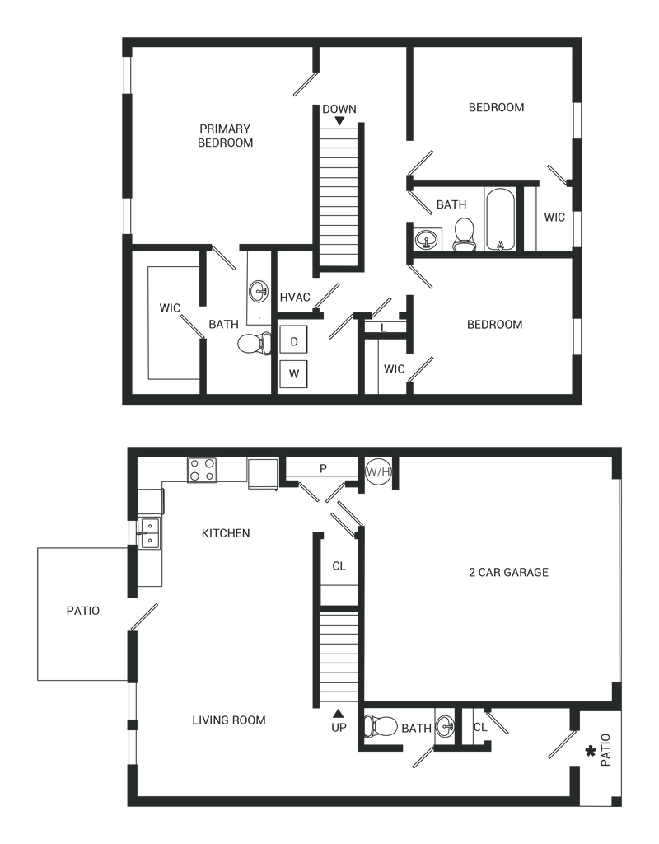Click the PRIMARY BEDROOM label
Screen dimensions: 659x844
click(x=225, y=135)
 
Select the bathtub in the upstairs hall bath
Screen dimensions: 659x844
click(x=499, y=220)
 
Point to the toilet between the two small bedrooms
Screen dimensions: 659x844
click(x=465, y=232)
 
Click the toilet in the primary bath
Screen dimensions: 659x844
click(x=251, y=345)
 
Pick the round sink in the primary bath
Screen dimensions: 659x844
click(x=259, y=292)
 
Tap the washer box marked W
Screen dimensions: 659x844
click(x=295, y=373)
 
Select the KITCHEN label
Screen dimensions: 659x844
click(x=227, y=534)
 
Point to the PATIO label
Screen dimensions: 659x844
click(x=83, y=611)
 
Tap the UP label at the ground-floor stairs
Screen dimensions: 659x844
click(x=337, y=723)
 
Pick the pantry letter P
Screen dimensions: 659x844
click(x=324, y=467)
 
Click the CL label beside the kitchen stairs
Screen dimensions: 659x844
click(x=338, y=565)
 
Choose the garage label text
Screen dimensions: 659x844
click(x=508, y=571)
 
